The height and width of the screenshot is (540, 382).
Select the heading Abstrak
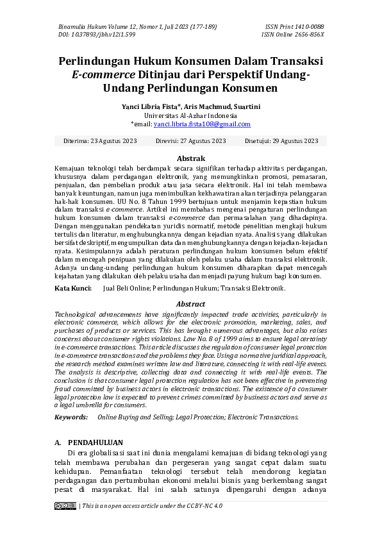(190, 158)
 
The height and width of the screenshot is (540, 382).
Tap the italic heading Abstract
(190, 304)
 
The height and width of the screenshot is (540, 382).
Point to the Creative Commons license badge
(65, 506)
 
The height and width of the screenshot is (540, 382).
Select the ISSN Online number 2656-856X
(308, 35)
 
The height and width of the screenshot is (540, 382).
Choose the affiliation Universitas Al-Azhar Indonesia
(190, 115)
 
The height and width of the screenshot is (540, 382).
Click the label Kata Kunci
(71, 289)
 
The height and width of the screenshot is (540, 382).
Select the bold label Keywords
(71, 417)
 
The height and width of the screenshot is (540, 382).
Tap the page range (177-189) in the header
(202, 27)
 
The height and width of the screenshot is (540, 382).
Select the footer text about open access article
(152, 506)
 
